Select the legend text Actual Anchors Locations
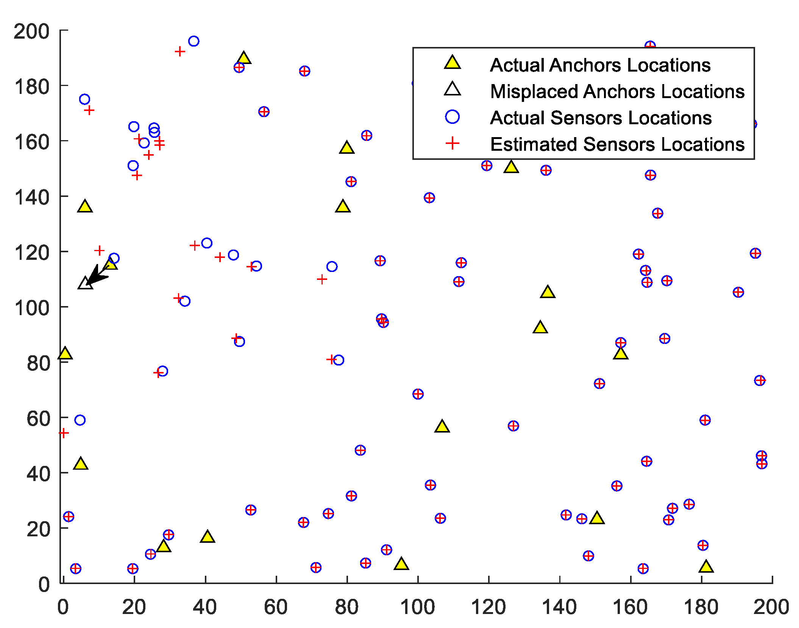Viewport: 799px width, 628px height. [600, 65]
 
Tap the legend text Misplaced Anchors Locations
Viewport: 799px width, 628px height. [617, 92]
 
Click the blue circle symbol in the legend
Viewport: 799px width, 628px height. [452, 117]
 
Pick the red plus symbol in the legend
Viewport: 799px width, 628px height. [452, 144]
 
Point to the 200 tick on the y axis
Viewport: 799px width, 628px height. [32, 31]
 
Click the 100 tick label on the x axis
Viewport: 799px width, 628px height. [418, 607]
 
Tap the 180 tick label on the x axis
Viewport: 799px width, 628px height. [701, 607]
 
